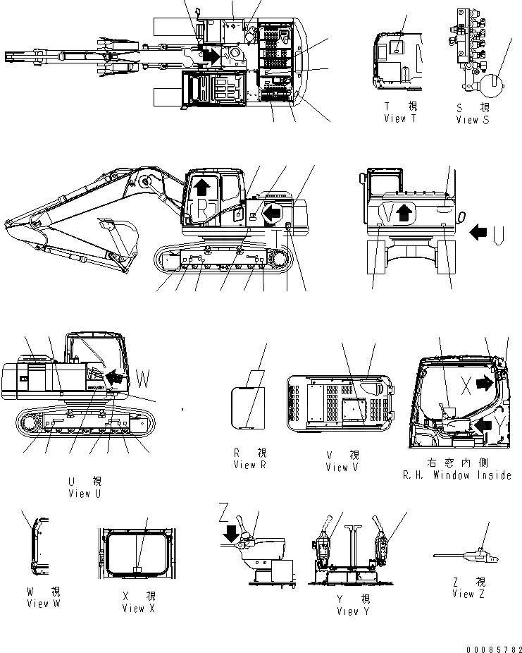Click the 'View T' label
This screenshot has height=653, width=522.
(400, 119)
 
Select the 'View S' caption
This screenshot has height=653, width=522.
(471, 120)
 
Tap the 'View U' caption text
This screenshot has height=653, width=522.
(85, 494)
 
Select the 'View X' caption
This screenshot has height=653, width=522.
(133, 608)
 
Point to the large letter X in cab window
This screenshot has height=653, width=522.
(466, 384)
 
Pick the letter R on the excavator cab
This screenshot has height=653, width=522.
(203, 208)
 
